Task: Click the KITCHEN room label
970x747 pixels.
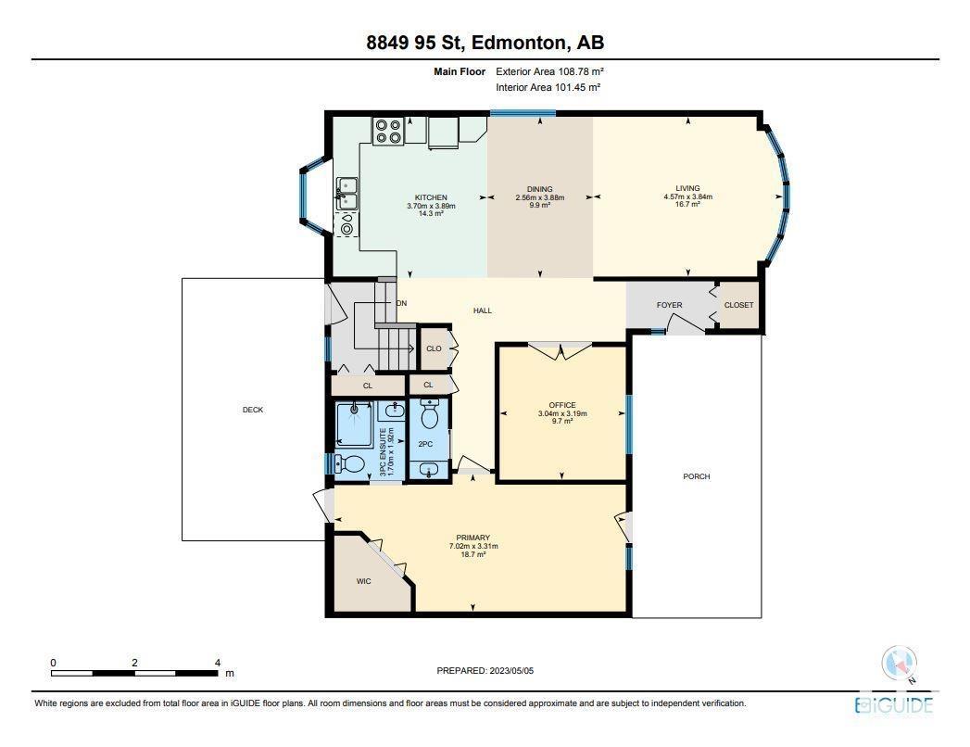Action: pyautogui.click(x=431, y=197)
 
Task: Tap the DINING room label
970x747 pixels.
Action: pyautogui.click(x=539, y=189)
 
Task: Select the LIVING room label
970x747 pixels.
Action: pyautogui.click(x=688, y=188)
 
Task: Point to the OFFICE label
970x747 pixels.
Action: pyautogui.click(x=562, y=405)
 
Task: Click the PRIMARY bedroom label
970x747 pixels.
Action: pyautogui.click(x=473, y=538)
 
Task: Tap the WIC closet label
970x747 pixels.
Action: pyautogui.click(x=364, y=581)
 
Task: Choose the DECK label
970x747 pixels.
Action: pyautogui.click(x=253, y=410)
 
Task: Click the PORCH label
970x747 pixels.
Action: pyautogui.click(x=697, y=476)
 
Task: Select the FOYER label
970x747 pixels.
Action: pyautogui.click(x=669, y=305)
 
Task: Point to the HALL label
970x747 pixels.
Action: pyautogui.click(x=483, y=310)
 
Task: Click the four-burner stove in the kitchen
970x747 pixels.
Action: pyautogui.click(x=388, y=132)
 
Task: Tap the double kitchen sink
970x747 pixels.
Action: pyautogui.click(x=346, y=193)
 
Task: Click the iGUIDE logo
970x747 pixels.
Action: pyautogui.click(x=894, y=705)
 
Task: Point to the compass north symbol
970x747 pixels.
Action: pyautogui.click(x=899, y=664)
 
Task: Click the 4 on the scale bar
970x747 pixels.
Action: pyautogui.click(x=217, y=663)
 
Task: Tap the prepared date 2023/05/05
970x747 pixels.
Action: pyautogui.click(x=511, y=670)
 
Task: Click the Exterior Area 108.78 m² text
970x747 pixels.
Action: pyautogui.click(x=549, y=71)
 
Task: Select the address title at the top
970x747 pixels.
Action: pyautogui.click(x=485, y=42)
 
